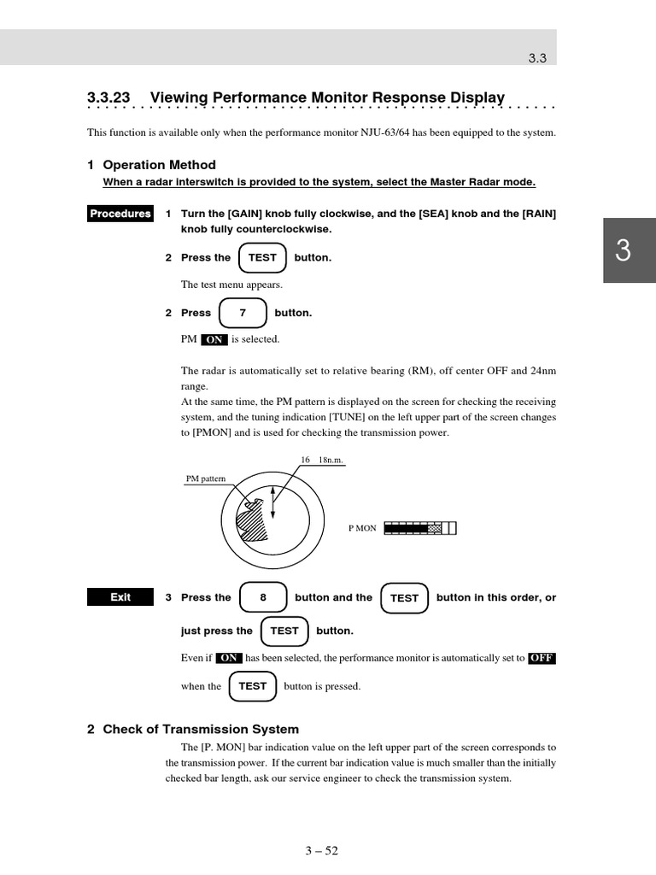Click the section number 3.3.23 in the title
pyautogui.click(x=108, y=97)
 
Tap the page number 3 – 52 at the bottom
pyautogui.click(x=321, y=850)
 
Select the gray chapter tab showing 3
pyautogui.click(x=628, y=250)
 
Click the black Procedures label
pyautogui.click(x=120, y=214)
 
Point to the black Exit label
pyautogui.click(x=120, y=597)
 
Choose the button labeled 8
pyautogui.click(x=263, y=598)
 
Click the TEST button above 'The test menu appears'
pyautogui.click(x=262, y=258)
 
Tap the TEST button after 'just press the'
pyautogui.click(x=284, y=631)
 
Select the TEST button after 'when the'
pyautogui.click(x=253, y=686)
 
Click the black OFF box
pyautogui.click(x=542, y=658)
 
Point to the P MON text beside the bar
pyautogui.click(x=362, y=528)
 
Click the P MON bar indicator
pyautogui.click(x=419, y=528)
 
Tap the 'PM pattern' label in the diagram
pyautogui.click(x=206, y=479)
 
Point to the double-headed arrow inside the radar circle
pyautogui.click(x=273, y=502)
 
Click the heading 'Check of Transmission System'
pyautogui.click(x=201, y=729)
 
